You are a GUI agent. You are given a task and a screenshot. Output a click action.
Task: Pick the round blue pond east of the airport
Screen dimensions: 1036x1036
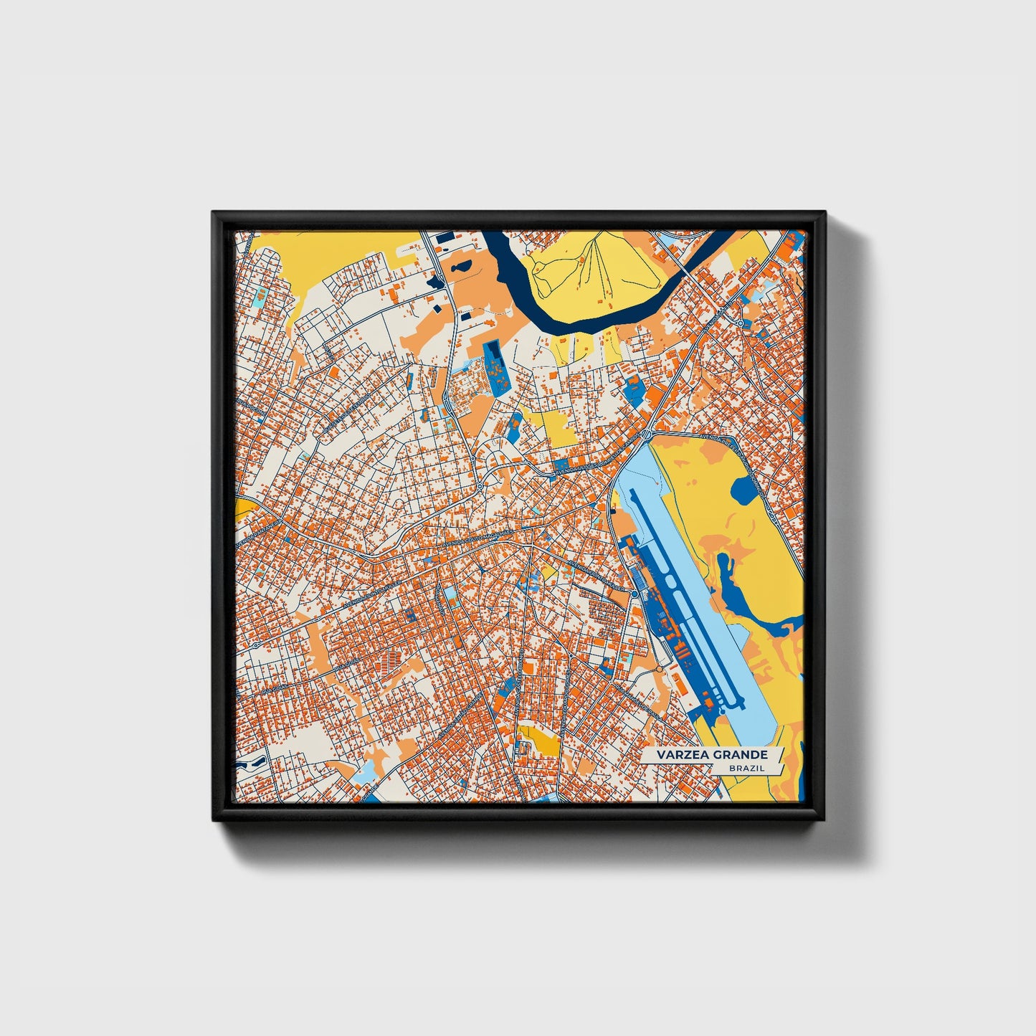click(744, 490)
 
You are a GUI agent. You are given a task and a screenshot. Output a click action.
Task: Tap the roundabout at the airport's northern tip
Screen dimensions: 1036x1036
click(647, 434)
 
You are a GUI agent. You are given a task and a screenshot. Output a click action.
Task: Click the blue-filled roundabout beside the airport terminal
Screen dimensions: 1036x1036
click(634, 594)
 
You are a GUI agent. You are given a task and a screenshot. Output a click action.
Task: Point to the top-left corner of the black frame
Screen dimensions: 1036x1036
click(214, 214)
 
